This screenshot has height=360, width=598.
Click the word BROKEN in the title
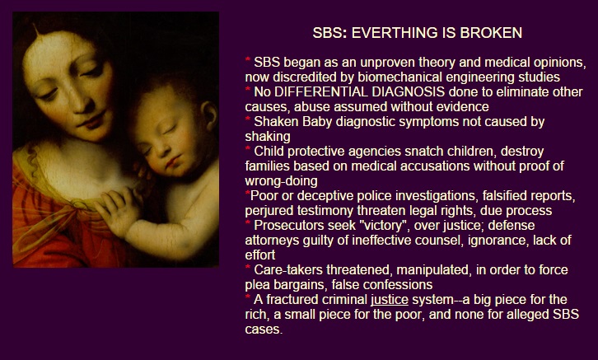click(x=491, y=33)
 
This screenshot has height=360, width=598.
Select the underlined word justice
click(x=390, y=300)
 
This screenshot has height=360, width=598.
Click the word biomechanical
click(x=400, y=77)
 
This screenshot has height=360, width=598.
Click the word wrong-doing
click(x=282, y=181)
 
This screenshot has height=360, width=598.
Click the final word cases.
click(x=264, y=330)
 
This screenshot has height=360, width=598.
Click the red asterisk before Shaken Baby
click(x=248, y=119)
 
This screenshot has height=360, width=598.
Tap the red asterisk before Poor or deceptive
click(x=247, y=194)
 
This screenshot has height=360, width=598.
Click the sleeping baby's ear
click(x=209, y=115)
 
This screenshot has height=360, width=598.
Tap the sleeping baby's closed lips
click(x=172, y=161)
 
